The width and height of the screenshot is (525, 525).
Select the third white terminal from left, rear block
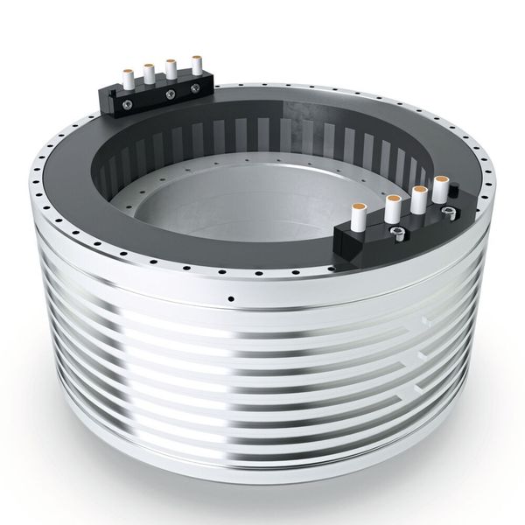click(x=172, y=68)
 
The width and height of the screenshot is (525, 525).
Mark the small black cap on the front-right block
click(x=448, y=213)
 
